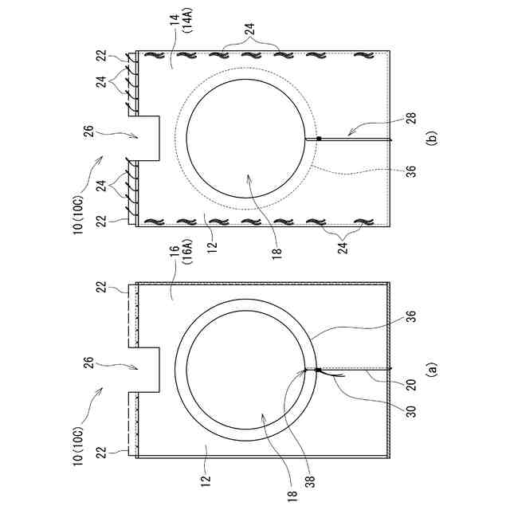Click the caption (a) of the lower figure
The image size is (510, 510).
pyautogui.click(x=432, y=370)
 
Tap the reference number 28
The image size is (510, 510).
pyautogui.click(x=411, y=119)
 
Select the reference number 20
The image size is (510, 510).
pyautogui.click(x=411, y=385)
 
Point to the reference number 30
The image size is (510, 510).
pyautogui.click(x=411, y=411)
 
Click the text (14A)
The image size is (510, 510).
pyautogui.click(x=190, y=22)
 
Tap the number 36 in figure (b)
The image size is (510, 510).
pyautogui.click(x=411, y=171)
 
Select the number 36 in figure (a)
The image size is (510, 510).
pyautogui.click(x=411, y=317)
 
